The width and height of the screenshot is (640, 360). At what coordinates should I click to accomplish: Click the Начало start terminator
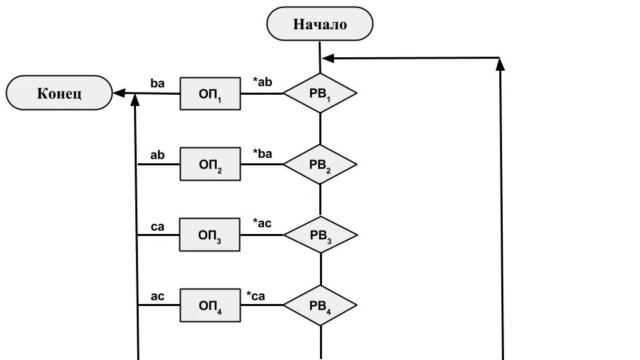pyautogui.click(x=320, y=24)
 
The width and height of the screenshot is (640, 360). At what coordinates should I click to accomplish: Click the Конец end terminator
pyautogui.click(x=59, y=93)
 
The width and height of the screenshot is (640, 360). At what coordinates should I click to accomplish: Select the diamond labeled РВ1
pyautogui.click(x=320, y=93)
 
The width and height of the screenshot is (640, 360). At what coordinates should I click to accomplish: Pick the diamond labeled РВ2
pyautogui.click(x=320, y=164)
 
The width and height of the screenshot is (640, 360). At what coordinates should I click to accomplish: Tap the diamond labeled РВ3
pyautogui.click(x=320, y=235)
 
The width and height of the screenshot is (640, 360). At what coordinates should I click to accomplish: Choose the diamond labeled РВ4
pyautogui.click(x=320, y=305)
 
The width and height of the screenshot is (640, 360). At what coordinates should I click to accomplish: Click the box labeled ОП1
pyautogui.click(x=210, y=94)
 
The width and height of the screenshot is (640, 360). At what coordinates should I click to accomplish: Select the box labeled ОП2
pyautogui.click(x=210, y=165)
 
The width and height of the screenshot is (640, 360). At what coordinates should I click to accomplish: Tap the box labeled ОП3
pyautogui.click(x=210, y=235)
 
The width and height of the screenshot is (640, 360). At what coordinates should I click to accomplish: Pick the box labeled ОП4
pyautogui.click(x=210, y=305)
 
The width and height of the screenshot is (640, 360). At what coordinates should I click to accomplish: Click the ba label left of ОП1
pyautogui.click(x=158, y=84)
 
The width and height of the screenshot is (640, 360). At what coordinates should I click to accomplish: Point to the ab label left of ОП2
pyautogui.click(x=158, y=155)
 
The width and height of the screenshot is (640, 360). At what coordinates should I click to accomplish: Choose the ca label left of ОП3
pyautogui.click(x=158, y=227)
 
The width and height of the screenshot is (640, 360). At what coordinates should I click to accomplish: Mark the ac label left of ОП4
pyautogui.click(x=158, y=296)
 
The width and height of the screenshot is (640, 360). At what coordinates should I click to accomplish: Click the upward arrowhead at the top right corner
pyautogui.click(x=501, y=63)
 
